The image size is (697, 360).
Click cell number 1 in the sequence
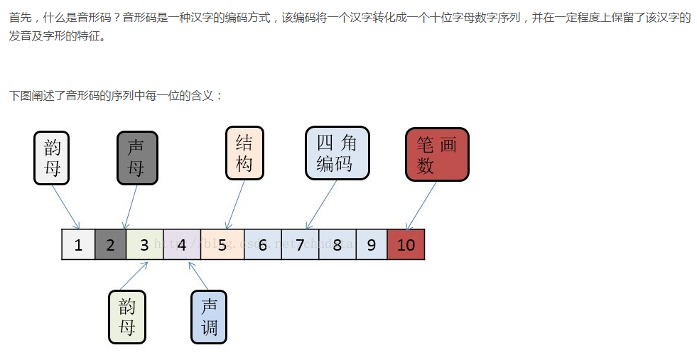pos(78,245)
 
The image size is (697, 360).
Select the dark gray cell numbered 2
pos(110,245)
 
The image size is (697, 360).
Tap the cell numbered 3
pos(144,245)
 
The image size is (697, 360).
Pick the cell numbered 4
pos(182,245)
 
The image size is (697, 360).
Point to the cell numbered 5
pos(222,245)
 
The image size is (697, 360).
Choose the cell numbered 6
pos(262,245)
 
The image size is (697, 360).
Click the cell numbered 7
pos(300,245)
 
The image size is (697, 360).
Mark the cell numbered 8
pos(337,245)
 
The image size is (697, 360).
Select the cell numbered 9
pos(371,245)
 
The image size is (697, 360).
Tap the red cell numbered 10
pos(406,245)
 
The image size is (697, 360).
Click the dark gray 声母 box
pos(136,158)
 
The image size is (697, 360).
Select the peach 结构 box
pos(244,153)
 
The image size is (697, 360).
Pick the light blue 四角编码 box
pos(337,153)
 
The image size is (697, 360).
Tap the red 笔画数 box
pos(437,155)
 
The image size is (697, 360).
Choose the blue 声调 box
pos(209,317)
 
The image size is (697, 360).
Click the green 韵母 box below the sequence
pos(127,317)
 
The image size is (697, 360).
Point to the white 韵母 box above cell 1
pos(53,158)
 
